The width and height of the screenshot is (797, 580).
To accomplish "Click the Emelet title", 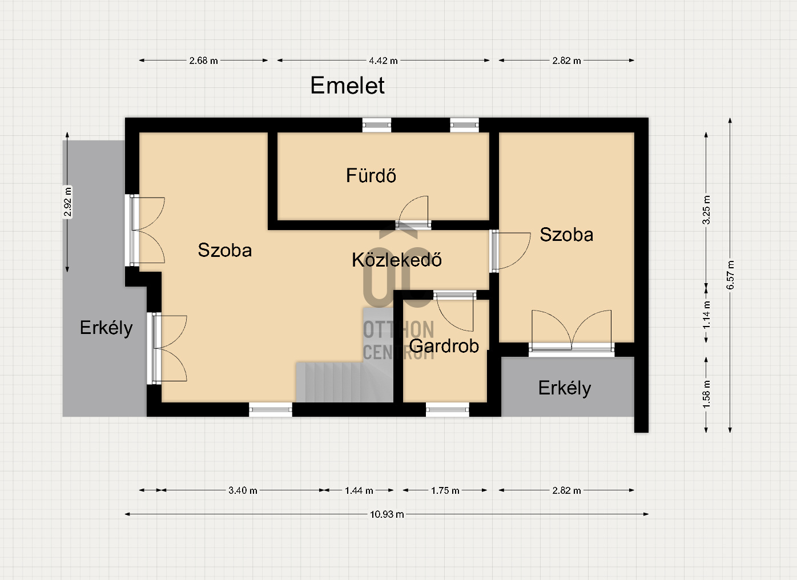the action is point(347,86).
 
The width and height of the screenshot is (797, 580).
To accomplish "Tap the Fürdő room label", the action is point(371,175).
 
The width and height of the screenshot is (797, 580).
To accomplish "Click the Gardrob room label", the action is point(444,346).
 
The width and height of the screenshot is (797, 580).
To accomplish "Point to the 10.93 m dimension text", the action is point(387,514).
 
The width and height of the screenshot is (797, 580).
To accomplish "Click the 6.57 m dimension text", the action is point(730,275).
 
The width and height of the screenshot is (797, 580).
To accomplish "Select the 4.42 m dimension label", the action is point(383,61).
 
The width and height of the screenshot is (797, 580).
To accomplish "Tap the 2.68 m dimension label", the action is point(203,61).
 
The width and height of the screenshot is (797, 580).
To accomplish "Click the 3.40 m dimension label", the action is point(243,491).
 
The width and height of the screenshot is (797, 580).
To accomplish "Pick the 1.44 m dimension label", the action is point(359,491).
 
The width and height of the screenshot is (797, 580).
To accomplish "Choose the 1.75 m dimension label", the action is point(445,491).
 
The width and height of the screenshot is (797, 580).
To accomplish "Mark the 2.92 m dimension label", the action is point(67,202).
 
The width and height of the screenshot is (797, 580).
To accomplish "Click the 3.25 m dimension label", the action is point(706,210).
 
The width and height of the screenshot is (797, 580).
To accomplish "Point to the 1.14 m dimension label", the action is point(706,315).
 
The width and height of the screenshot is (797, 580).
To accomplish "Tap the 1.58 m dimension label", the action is point(706,394).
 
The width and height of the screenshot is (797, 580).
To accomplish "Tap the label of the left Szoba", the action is point(225,250).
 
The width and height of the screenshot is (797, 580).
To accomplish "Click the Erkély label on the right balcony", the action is point(565,388).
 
